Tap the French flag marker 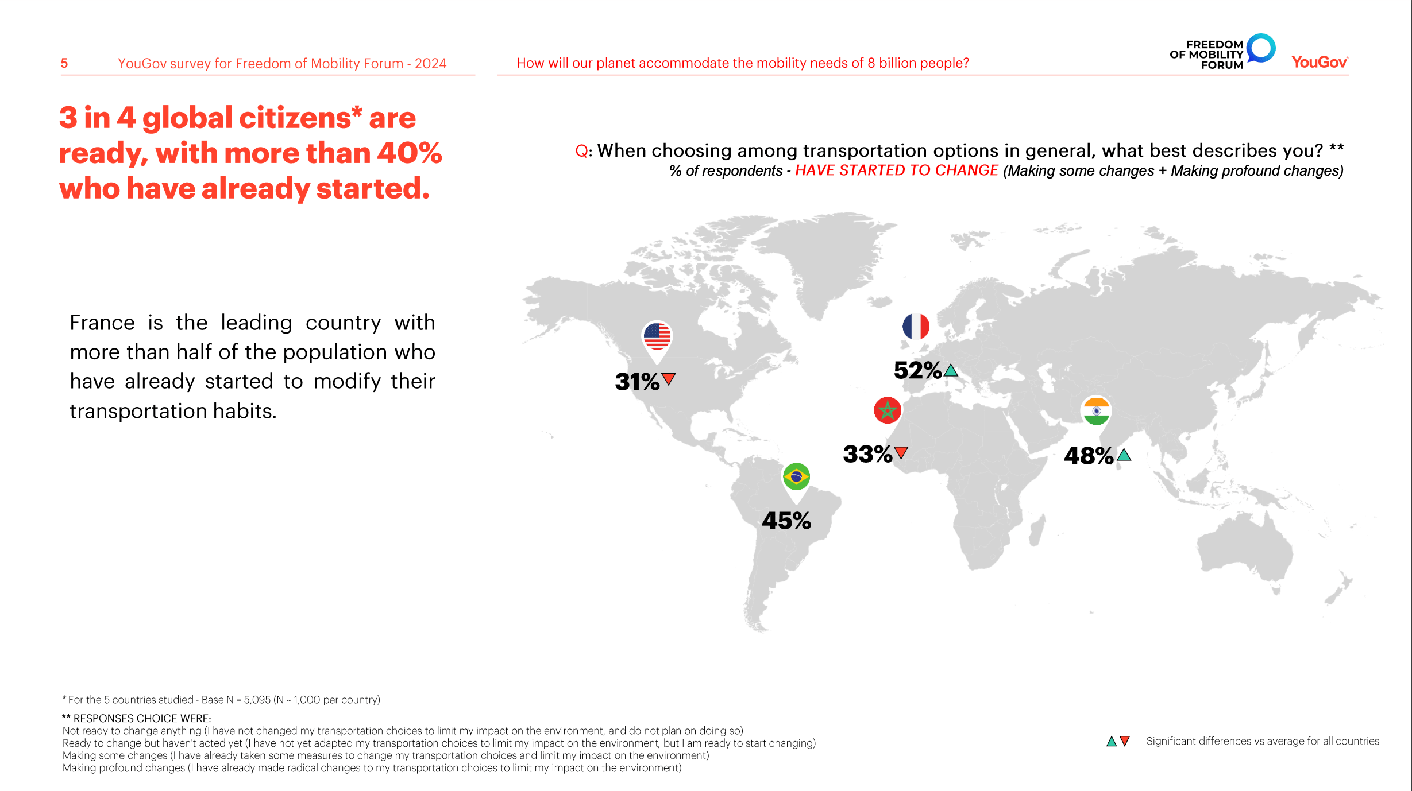click(x=916, y=327)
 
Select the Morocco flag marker click(x=888, y=410)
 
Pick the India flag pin click(x=1096, y=411)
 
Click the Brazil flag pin click(x=796, y=477)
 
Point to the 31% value click(x=637, y=382)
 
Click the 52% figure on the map click(x=917, y=370)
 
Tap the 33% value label click(x=867, y=454)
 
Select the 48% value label click(x=1089, y=456)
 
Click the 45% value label click(x=786, y=521)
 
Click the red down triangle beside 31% click(x=669, y=379)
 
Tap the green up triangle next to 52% click(x=951, y=370)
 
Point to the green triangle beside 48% click(x=1124, y=455)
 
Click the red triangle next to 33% click(x=901, y=452)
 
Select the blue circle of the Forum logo click(x=1261, y=48)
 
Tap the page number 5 click(x=64, y=63)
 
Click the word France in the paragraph click(x=102, y=323)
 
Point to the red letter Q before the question click(x=581, y=151)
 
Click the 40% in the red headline click(x=410, y=153)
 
